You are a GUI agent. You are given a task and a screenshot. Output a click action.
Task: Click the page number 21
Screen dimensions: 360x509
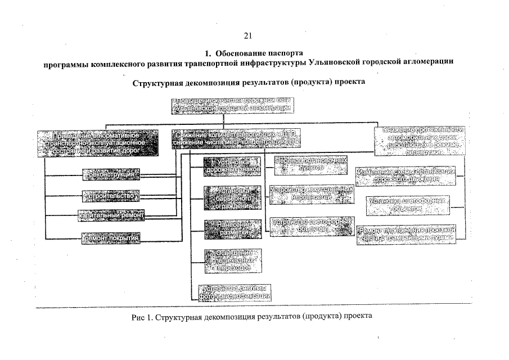point(248,36)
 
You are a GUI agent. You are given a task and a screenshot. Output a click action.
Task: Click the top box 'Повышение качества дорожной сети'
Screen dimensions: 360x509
point(232,105)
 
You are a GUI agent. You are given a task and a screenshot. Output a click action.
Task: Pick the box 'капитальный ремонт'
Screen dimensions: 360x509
point(111,215)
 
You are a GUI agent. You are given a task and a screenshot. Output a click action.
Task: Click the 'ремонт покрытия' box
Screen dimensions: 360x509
point(111,238)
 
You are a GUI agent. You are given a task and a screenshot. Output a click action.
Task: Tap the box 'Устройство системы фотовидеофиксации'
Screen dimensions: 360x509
point(235,292)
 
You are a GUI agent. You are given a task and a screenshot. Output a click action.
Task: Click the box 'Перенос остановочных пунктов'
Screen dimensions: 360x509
point(310,164)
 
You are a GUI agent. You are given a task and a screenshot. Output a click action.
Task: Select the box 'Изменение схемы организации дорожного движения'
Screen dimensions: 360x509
point(405,175)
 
